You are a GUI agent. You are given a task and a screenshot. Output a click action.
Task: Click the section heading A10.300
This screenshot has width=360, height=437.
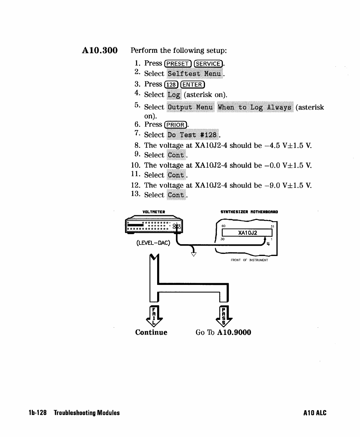coord(100,50)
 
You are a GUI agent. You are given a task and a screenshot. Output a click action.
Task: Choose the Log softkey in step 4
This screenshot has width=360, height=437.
coord(174,95)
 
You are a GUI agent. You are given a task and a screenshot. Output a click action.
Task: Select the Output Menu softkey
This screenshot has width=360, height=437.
coord(190,107)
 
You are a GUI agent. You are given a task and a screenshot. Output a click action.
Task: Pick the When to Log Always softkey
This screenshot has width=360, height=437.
coord(255,107)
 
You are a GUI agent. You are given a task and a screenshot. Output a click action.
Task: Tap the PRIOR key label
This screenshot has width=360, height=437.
coord(175,125)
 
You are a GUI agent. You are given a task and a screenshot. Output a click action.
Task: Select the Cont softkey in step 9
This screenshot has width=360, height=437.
coord(176,155)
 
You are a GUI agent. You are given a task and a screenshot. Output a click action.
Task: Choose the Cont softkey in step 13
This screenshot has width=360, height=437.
coord(176,195)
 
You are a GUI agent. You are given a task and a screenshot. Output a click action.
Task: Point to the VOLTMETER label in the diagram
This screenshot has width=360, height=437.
coord(154,212)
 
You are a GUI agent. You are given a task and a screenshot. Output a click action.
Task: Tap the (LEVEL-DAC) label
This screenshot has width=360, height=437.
coord(153,243)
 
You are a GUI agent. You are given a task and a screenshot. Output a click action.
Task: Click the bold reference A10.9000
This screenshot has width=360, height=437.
coord(234,332)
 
